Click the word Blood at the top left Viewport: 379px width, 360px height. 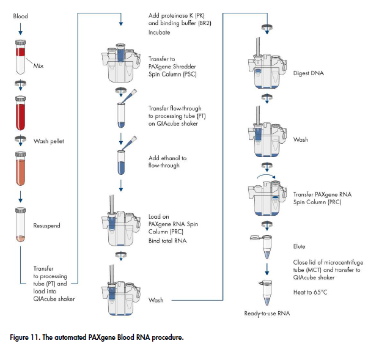[20, 16]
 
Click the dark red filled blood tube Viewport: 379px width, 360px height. [21, 112]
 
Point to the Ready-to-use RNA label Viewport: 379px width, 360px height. [267, 314]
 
